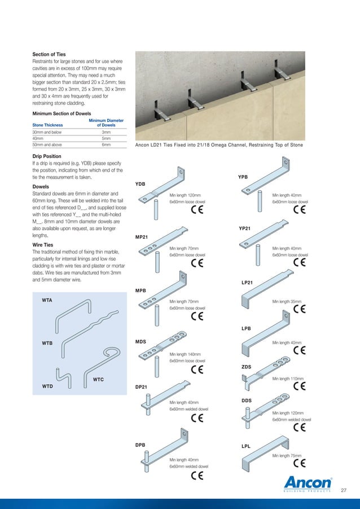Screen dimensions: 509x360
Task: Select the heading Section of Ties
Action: pos(50,54)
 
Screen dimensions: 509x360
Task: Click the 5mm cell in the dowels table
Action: pos(106,138)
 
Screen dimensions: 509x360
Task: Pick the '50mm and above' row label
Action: pos(47,145)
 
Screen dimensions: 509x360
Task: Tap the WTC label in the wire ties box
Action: pos(98,380)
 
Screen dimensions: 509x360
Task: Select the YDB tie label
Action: pos(141,184)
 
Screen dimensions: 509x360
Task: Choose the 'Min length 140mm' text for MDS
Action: pos(184,354)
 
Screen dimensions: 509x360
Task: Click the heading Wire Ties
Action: pos(45,245)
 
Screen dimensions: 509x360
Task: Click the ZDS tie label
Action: pos(246,367)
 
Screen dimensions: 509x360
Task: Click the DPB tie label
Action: pos(141,445)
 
